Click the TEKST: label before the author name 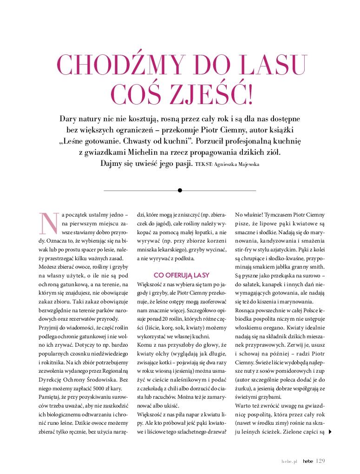(x=204, y=165)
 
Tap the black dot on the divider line (x=180, y=190)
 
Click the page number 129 (x=320, y=461)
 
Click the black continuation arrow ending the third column (x=330, y=432)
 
